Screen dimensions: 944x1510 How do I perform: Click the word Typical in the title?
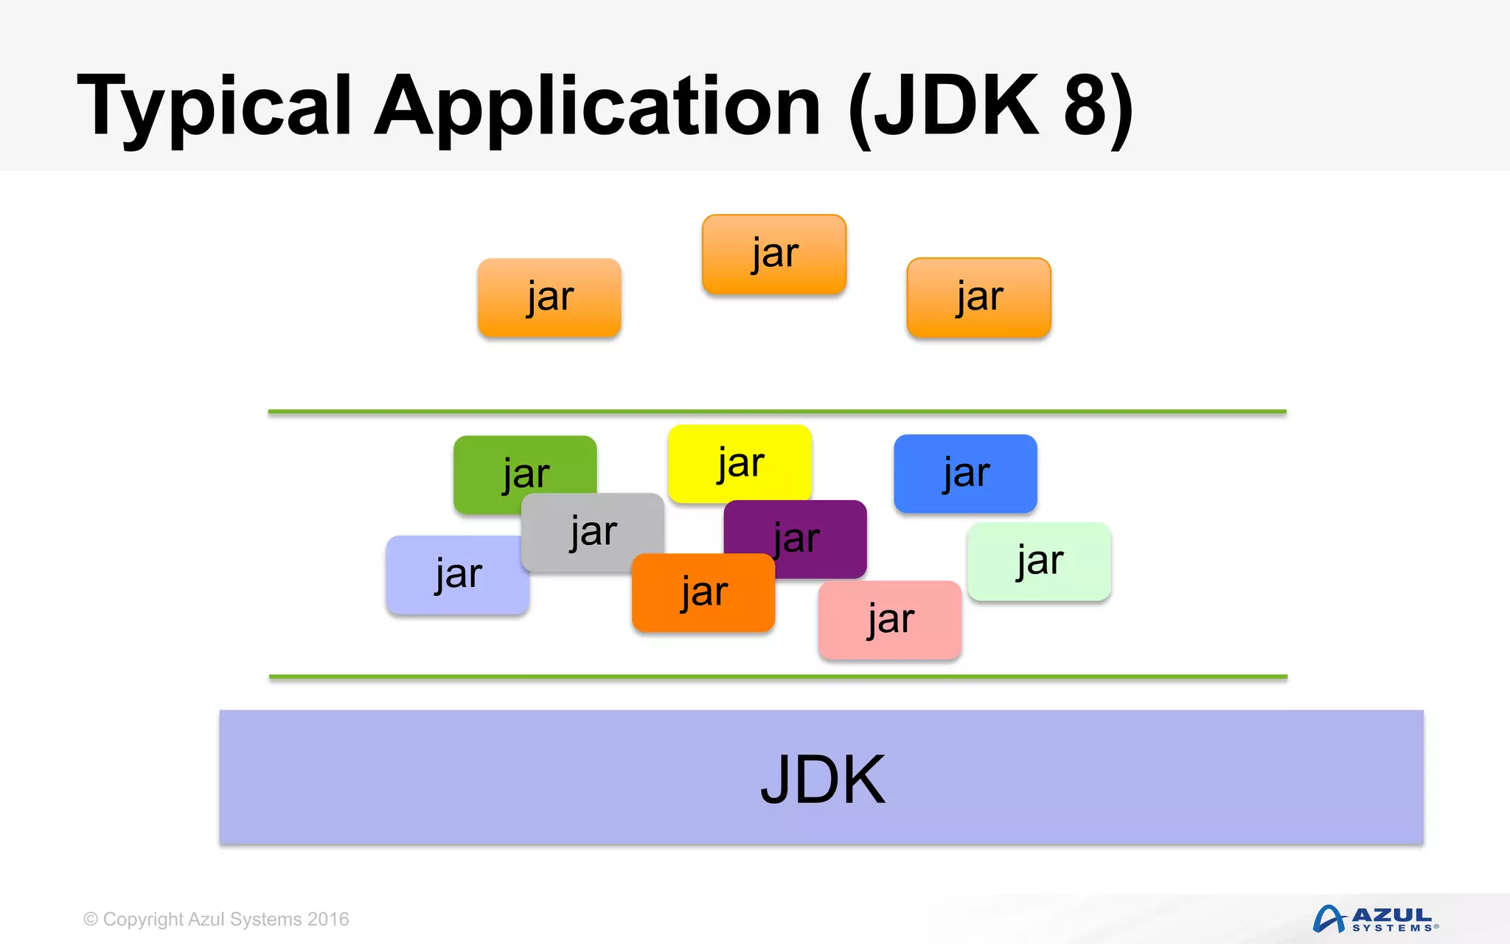pos(214,107)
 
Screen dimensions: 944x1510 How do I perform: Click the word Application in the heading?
pos(597,107)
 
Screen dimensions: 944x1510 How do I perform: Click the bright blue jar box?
pos(965,473)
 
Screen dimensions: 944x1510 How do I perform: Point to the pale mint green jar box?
pos(1039,561)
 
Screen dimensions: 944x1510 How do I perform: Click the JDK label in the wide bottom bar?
pos(822,780)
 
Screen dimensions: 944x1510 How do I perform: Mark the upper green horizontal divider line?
pos(777,412)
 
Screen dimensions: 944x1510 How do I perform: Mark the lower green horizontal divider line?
pos(778,676)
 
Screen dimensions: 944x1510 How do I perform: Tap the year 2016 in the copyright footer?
pos(328,920)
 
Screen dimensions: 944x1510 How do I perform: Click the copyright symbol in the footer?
pos(91,920)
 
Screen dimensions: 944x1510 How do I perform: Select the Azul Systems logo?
pos(1376,919)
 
